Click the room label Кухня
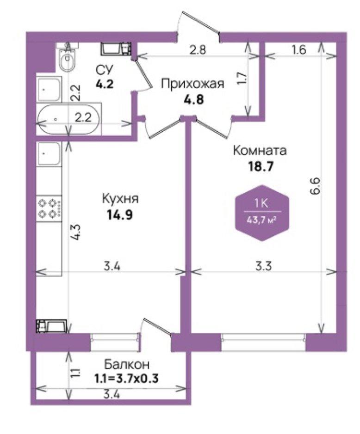click(120, 199)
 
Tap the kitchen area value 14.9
click(120, 214)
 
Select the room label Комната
click(260, 151)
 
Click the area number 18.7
click(260, 167)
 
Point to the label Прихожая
click(192, 84)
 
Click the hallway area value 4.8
click(193, 99)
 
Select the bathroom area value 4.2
click(105, 84)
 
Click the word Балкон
click(127, 364)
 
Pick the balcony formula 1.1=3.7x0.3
click(127, 379)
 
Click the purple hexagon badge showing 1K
click(262, 213)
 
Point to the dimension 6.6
click(316, 187)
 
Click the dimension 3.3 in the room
click(263, 266)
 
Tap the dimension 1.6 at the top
click(299, 50)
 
